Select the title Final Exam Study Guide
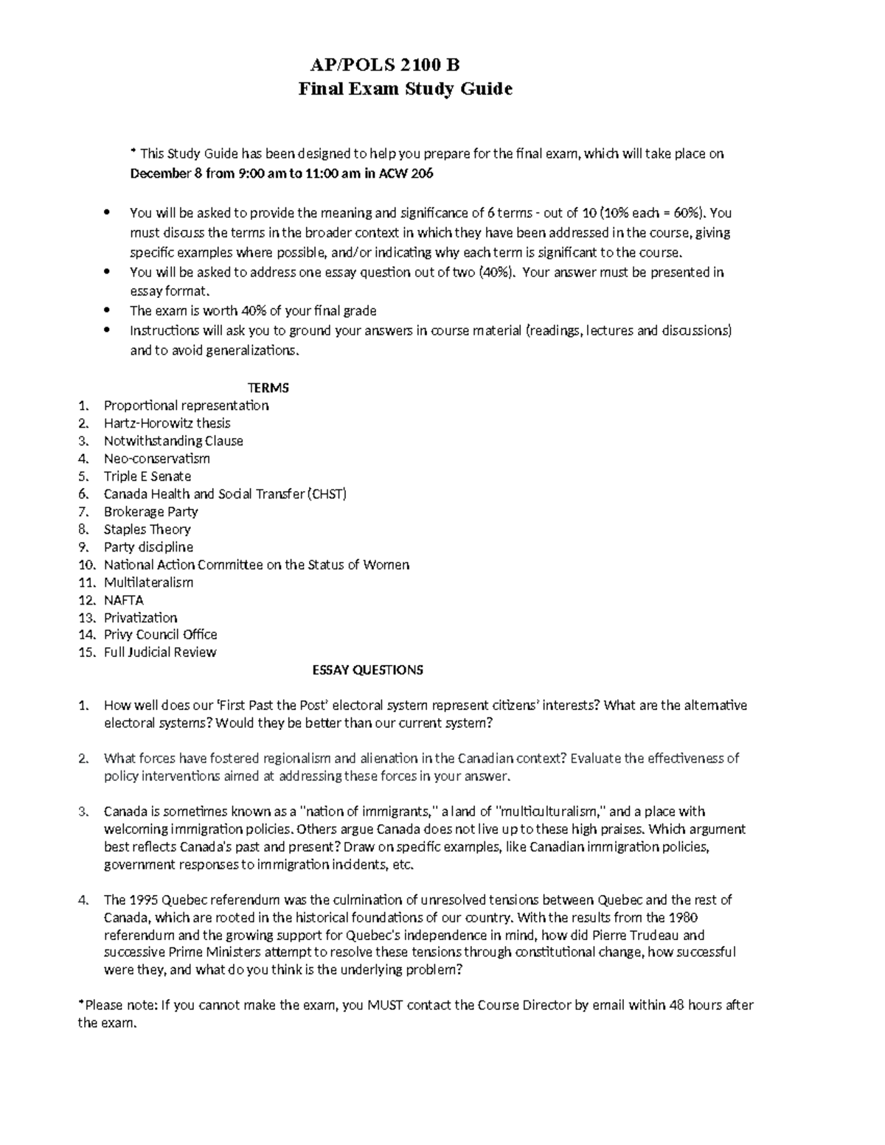(x=405, y=89)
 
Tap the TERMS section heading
(x=268, y=388)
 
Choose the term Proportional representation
(x=186, y=406)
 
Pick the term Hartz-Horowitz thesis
(x=167, y=423)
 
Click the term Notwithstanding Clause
(x=173, y=441)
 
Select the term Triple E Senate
(x=147, y=476)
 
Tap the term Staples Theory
(x=147, y=529)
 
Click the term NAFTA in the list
(x=124, y=600)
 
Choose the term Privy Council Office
(x=160, y=635)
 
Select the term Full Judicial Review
(x=160, y=652)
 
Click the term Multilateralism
(x=148, y=582)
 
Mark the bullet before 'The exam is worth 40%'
(x=108, y=311)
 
